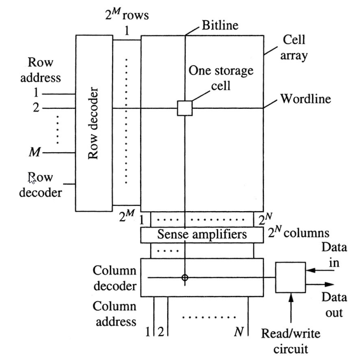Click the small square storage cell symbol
point(184,108)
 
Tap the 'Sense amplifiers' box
point(202,234)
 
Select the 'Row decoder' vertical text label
point(94,123)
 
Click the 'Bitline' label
point(220,25)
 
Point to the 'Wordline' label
point(305,99)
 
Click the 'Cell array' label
point(294,48)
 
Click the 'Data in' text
point(334,255)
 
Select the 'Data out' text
point(334,305)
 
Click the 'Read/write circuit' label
point(290,341)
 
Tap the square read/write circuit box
point(290,277)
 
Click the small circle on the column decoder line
point(184,278)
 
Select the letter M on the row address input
point(35,153)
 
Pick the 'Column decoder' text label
point(115,279)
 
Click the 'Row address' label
point(40,70)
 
